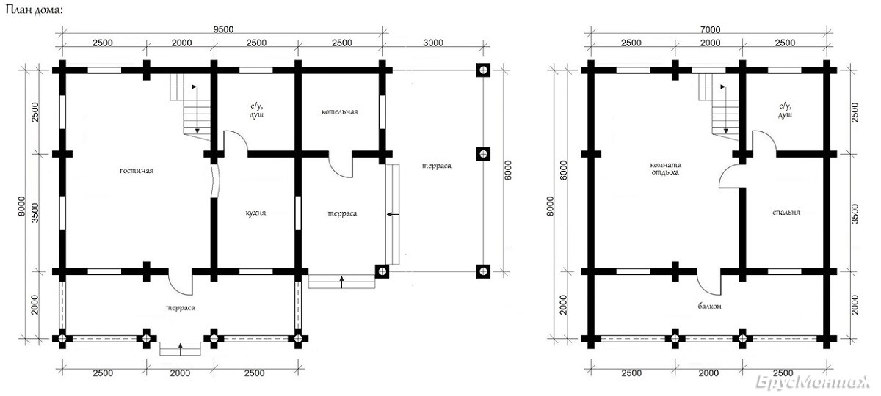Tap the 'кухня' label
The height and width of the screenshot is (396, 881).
pos(255,213)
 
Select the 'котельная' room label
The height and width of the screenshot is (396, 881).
pos(340,112)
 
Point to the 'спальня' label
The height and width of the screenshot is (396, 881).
pos(786,213)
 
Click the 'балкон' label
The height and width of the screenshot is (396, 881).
pos(710,306)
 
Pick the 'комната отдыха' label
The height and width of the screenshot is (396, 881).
pos(665,169)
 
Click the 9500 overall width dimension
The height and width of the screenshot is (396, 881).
pos(223,29)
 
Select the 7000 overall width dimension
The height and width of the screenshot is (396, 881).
pos(711,29)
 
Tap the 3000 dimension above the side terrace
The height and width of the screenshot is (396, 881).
pos(433,43)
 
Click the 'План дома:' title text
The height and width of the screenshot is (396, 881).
pos(34,10)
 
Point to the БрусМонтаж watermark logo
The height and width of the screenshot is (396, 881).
pos(813,382)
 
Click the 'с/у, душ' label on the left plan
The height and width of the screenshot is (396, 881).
pos(256,111)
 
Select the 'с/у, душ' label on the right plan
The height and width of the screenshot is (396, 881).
pos(785,111)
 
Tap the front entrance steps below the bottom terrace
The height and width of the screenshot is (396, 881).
pos(180,349)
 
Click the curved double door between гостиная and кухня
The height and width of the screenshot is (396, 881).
pos(214,180)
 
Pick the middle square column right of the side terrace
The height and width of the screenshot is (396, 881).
pos(483,153)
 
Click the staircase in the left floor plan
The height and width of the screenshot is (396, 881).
pos(190,107)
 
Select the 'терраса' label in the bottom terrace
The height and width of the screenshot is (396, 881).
pos(181,307)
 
